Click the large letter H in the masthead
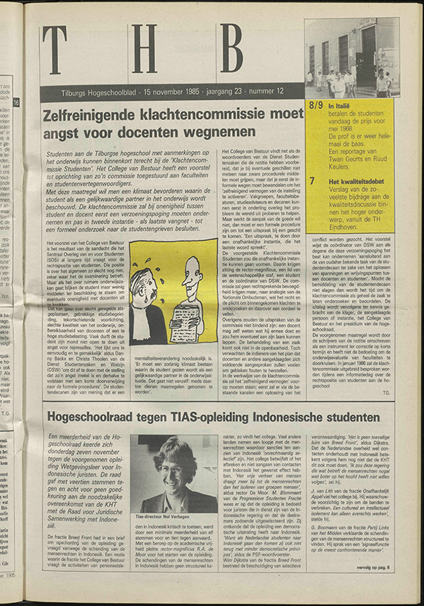point(144,49)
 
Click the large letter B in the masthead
point(231,48)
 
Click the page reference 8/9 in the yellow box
point(315,105)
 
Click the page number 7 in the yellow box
point(312,181)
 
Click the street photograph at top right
point(351,58)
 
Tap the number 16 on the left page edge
point(16,103)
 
